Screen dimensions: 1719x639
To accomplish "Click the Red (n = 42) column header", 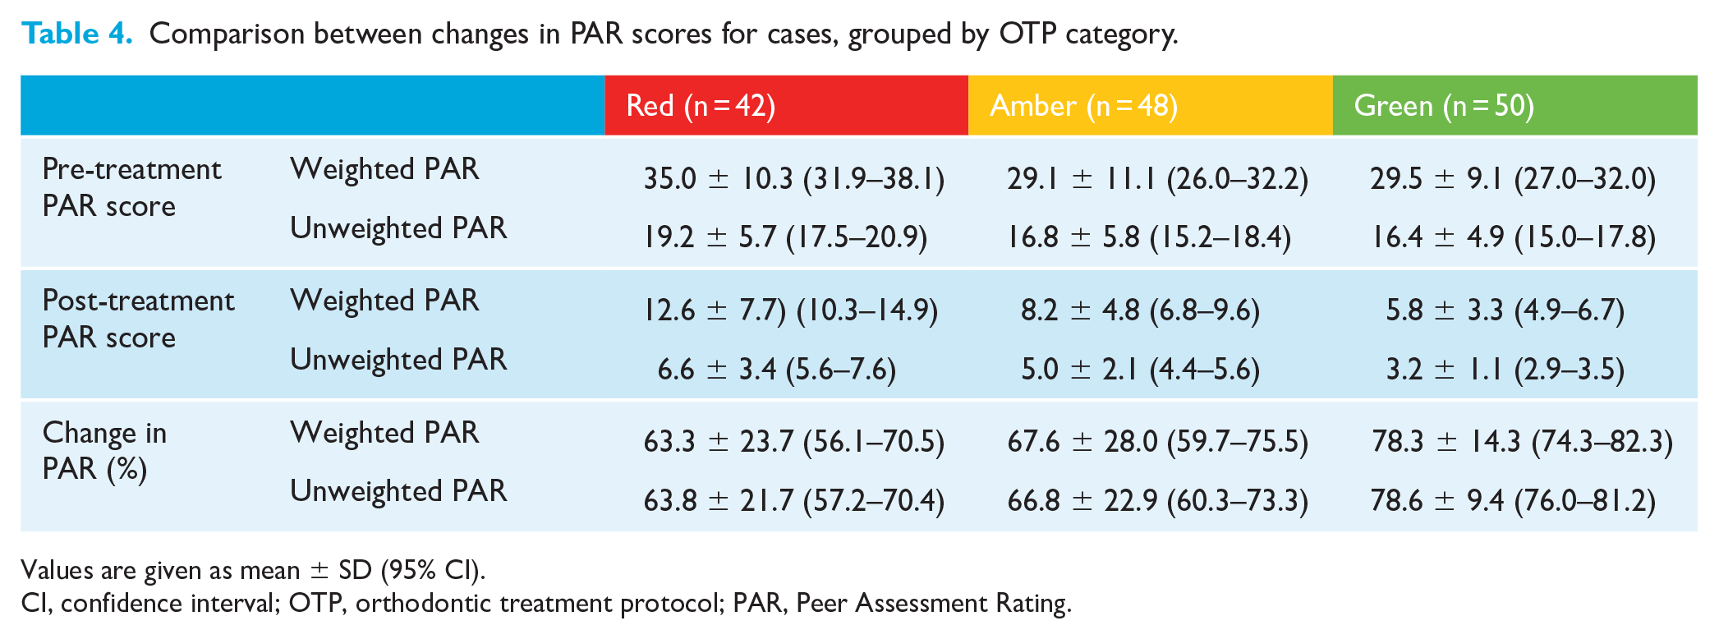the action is (x=701, y=106).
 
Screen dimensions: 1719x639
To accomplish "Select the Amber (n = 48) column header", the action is (x=1083, y=106).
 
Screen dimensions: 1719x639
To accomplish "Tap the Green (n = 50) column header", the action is (x=1444, y=106).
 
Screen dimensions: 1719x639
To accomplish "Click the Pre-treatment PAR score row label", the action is (x=131, y=187).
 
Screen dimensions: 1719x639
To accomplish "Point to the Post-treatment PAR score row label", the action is (x=138, y=319).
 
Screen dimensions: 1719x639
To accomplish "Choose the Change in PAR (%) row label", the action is (x=104, y=450).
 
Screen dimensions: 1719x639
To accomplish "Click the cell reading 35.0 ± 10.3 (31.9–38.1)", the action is (x=793, y=178).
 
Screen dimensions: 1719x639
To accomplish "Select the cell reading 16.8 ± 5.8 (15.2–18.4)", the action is (x=1149, y=237).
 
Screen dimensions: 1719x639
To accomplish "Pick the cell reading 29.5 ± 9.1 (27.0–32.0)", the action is (x=1513, y=178).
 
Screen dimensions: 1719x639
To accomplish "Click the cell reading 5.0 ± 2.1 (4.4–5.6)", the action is (x=1140, y=369).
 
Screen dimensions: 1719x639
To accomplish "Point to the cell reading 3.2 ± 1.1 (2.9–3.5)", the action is (x=1505, y=369).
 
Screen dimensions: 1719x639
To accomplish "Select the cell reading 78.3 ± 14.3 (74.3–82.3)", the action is (x=1522, y=442).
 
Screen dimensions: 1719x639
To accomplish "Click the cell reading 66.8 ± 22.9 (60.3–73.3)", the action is (x=1157, y=500).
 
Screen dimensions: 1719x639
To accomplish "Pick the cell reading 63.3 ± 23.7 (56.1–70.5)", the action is (x=793, y=442).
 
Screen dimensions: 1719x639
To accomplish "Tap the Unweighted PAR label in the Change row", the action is (x=398, y=491).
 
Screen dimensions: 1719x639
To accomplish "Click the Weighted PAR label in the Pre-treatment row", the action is (x=384, y=169).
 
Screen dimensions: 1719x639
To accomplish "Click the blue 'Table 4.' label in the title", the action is (x=76, y=33).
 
